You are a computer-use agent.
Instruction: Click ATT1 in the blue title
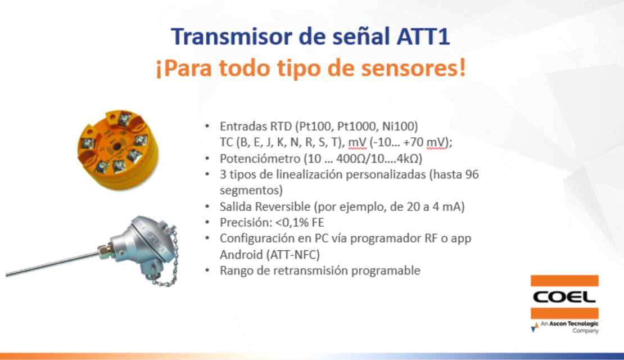click(423, 36)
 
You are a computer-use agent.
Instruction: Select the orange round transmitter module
click(118, 149)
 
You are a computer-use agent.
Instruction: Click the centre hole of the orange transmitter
click(116, 147)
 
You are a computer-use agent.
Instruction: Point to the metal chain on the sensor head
click(169, 259)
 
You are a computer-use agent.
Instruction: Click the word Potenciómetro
click(260, 159)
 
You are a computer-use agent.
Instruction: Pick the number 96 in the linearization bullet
click(472, 174)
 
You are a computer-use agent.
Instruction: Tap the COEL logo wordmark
click(564, 297)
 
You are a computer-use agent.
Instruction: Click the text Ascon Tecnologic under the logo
click(573, 324)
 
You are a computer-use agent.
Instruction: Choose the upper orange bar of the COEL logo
click(564, 281)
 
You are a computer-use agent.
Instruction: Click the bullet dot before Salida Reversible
click(207, 206)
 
